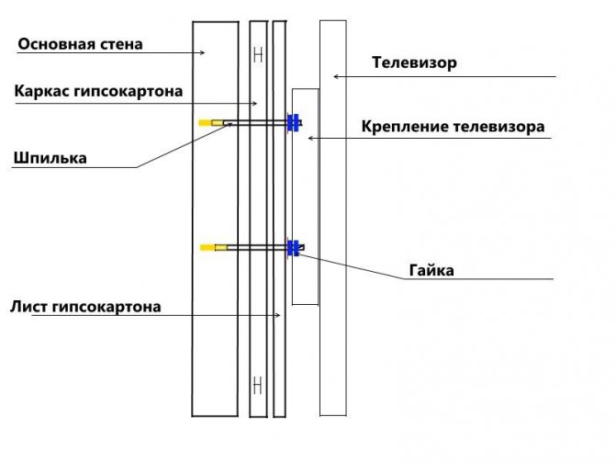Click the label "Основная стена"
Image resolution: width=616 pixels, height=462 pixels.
81,44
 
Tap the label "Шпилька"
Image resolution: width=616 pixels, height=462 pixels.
50,158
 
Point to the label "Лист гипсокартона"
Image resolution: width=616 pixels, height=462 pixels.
86,307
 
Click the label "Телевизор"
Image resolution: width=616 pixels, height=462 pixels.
414,63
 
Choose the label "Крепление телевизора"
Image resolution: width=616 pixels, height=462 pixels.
453,126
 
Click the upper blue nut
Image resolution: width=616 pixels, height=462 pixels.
293,122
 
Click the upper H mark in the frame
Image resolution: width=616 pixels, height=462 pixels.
258,55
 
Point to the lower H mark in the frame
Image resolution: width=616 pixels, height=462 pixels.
258,381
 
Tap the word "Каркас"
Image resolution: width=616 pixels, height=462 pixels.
42,91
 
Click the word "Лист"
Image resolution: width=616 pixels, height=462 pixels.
29,307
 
